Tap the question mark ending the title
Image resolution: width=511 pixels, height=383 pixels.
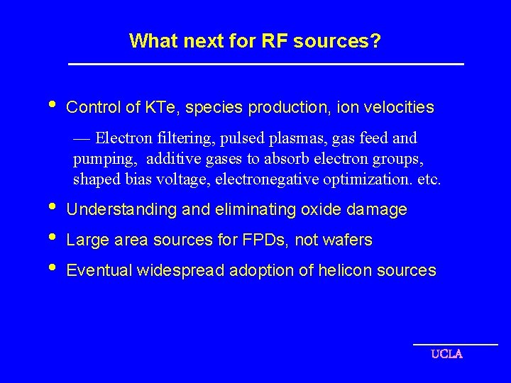(x=375, y=40)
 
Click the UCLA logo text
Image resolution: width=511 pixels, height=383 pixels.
(x=446, y=354)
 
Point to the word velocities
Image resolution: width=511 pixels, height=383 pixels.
(x=400, y=108)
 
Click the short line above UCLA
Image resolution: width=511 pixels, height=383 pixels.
(x=455, y=345)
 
